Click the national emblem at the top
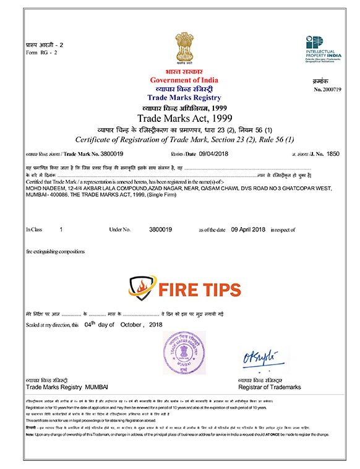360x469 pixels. tap(184, 48)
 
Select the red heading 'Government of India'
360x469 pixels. tap(184, 80)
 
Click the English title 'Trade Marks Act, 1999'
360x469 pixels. tap(184, 118)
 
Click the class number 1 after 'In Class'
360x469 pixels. tap(61, 229)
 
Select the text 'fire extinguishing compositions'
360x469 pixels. tap(56, 252)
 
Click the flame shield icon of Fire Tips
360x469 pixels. tap(140, 288)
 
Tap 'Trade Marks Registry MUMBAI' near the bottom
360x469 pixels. tap(67, 387)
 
